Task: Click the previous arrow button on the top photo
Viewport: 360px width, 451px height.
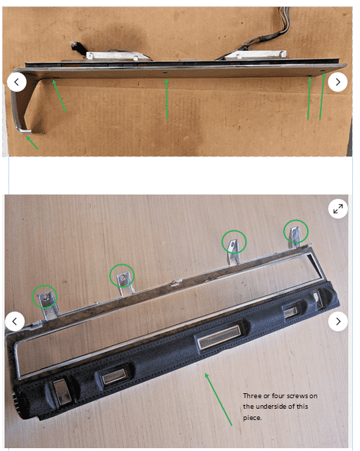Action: point(17,82)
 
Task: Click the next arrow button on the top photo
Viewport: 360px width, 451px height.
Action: point(338,82)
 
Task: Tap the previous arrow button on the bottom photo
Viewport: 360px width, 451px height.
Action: point(15,321)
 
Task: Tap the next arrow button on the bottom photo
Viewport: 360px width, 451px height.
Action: point(338,321)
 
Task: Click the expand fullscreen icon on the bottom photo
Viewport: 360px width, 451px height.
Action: point(338,209)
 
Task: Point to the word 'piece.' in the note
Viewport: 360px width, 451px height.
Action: point(252,418)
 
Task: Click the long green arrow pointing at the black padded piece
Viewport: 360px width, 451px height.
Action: point(218,399)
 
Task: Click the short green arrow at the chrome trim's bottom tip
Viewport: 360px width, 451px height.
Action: point(32,143)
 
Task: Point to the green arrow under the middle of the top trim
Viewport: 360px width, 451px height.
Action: point(166,99)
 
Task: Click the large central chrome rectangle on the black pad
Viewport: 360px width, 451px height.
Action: point(220,336)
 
